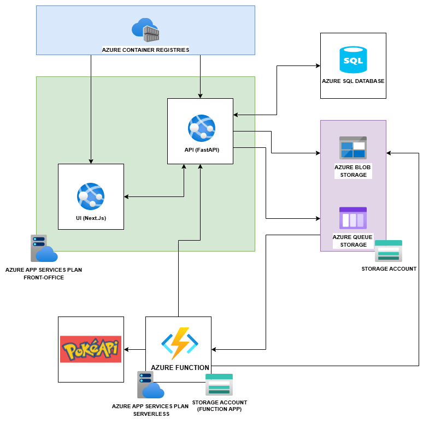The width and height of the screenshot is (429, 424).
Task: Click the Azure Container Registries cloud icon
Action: (x=145, y=30)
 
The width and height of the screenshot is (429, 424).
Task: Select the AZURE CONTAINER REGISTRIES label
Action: (x=145, y=50)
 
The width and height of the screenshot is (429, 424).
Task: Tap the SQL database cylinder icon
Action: (x=353, y=59)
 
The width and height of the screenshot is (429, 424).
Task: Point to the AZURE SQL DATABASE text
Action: (x=353, y=81)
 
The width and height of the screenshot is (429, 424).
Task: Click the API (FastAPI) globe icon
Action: (x=201, y=128)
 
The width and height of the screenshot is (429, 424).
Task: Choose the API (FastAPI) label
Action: (x=201, y=150)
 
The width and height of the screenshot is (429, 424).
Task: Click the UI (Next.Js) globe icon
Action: (x=91, y=196)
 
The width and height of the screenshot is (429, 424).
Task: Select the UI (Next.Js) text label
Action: (x=91, y=218)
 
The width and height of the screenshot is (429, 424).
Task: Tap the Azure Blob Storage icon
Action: (x=353, y=147)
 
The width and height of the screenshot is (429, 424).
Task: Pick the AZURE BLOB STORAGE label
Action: (x=353, y=170)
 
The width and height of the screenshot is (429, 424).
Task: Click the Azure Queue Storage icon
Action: (x=353, y=218)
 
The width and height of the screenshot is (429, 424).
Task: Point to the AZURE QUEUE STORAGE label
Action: (x=353, y=241)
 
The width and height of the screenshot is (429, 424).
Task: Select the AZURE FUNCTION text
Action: (x=180, y=367)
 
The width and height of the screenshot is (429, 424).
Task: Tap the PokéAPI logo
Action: (x=91, y=349)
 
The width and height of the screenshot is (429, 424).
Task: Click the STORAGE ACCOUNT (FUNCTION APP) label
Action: (x=219, y=405)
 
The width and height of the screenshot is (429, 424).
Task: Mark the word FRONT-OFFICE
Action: (x=44, y=277)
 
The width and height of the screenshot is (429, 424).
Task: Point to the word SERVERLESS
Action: (x=151, y=414)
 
